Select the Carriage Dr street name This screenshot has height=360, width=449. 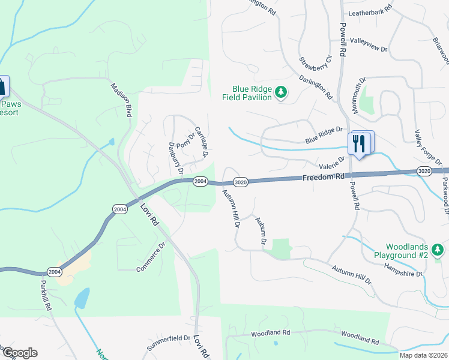pos(200,143)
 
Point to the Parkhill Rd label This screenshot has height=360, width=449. pos(45,295)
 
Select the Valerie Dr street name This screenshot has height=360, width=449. pos(332,163)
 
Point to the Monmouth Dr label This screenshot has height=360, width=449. pos(359,95)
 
